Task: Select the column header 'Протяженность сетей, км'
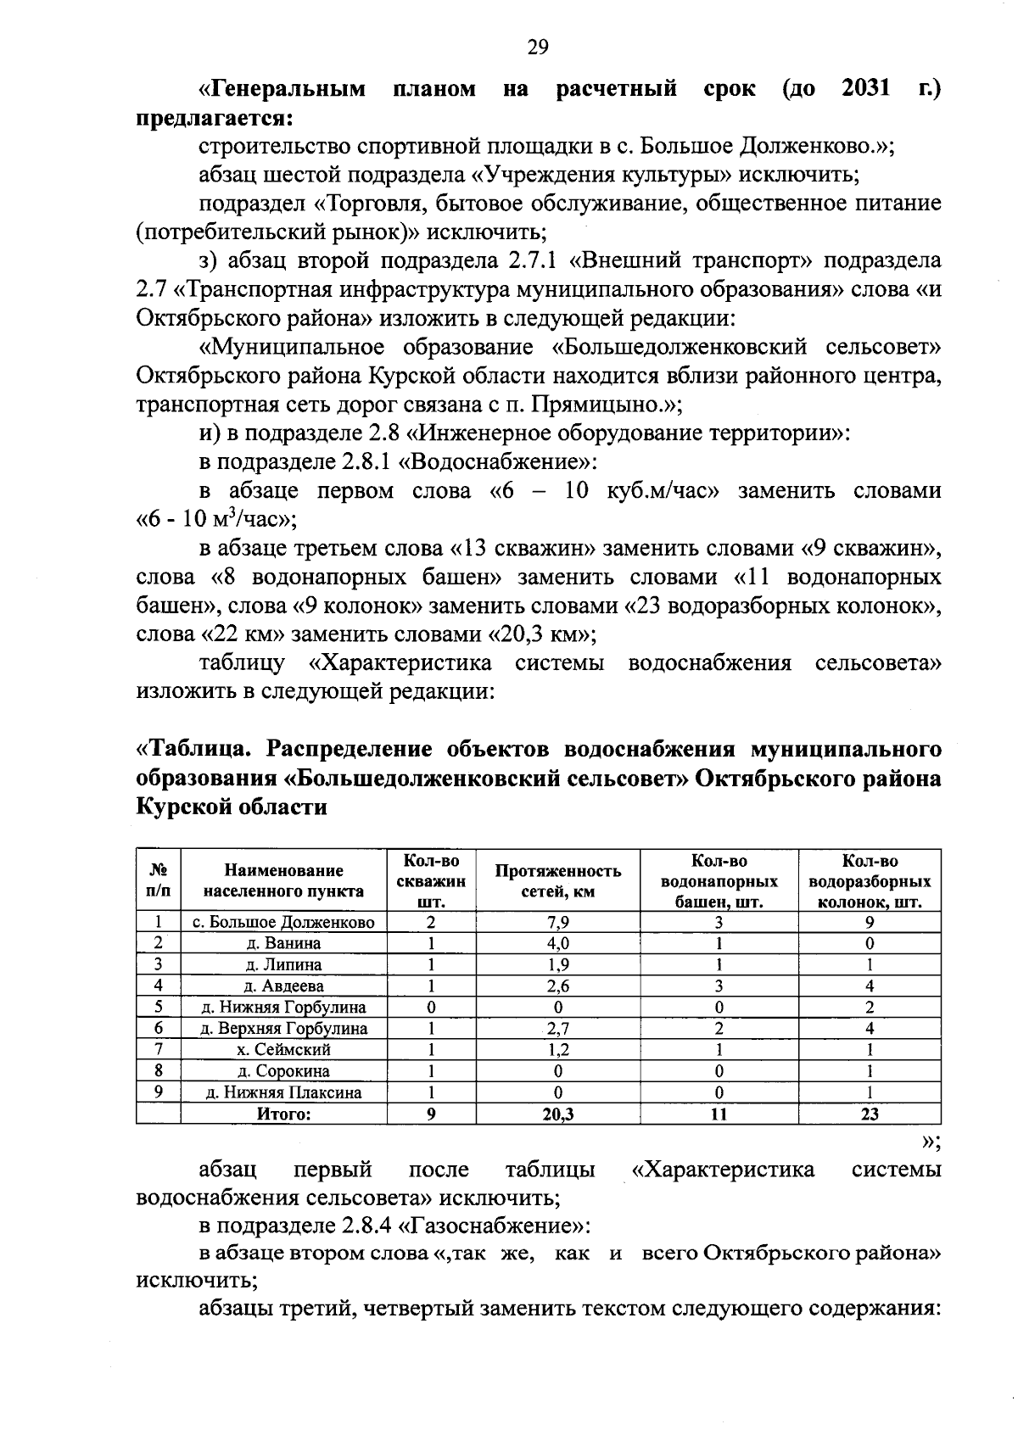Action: coord(557,880)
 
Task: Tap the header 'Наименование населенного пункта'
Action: coord(283,880)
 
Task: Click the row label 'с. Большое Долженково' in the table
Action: coord(283,923)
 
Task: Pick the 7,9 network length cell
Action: coord(557,923)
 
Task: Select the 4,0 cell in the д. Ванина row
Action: coord(557,943)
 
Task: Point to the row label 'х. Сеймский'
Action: coord(283,1050)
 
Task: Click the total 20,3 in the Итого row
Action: coord(557,1114)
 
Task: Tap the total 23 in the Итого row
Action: coord(870,1114)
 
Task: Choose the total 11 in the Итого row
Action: coord(719,1114)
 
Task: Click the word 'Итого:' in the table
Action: coord(283,1114)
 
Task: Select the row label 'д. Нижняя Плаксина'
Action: coord(283,1093)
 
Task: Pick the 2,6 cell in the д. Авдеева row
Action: coord(557,986)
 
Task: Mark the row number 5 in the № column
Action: coord(158,1008)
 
